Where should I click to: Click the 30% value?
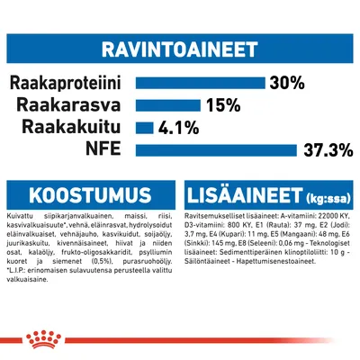click(286, 83)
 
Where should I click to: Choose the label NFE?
click(107, 148)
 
